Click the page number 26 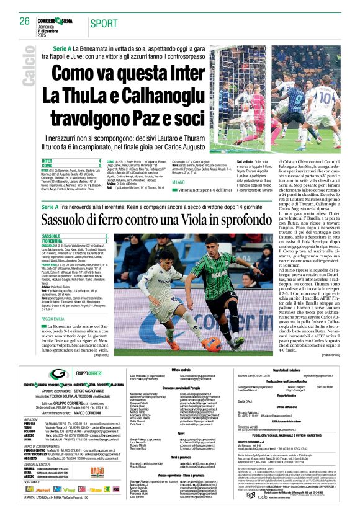pyautogui.click(x=25, y=21)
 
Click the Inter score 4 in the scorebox pyautogui.click(x=99, y=161)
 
